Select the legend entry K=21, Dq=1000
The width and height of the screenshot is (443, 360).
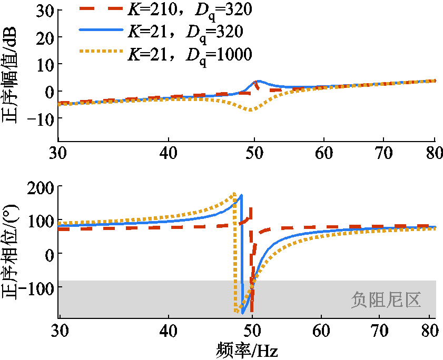click(189, 53)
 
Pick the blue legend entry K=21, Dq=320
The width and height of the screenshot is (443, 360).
click(185, 32)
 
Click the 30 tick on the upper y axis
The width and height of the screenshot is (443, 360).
click(42, 10)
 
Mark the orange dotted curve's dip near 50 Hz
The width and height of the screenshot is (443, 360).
click(251, 109)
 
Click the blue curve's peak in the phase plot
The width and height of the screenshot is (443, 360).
click(241, 196)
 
